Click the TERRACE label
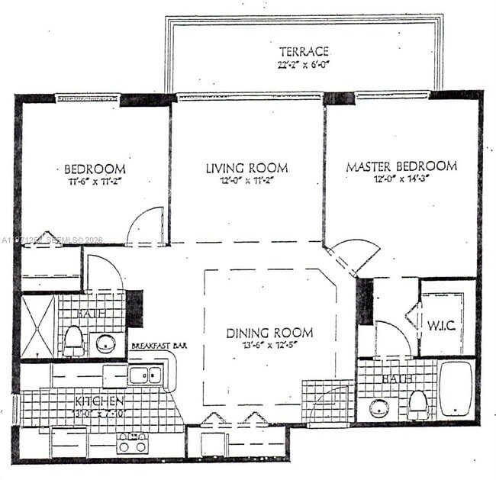tap(304, 51)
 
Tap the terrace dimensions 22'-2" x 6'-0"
tap(304, 65)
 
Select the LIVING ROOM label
tap(246, 167)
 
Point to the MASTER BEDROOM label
tap(401, 166)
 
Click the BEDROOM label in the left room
tap(95, 169)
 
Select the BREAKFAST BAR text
tap(159, 346)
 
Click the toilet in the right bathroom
tap(417, 404)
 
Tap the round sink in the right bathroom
tap(379, 408)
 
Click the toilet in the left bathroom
tap(73, 340)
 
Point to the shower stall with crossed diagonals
tap(38, 327)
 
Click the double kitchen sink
tap(145, 375)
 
